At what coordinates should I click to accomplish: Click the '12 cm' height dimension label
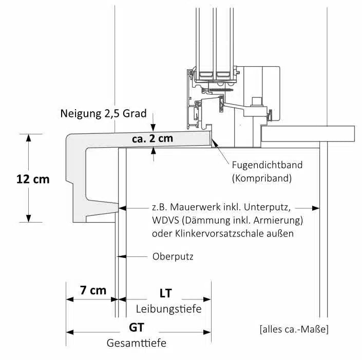(33, 179)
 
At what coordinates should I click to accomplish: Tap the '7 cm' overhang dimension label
(93, 290)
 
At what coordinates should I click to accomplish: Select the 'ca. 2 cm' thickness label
(152, 138)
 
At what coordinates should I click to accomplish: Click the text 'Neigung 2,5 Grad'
(103, 113)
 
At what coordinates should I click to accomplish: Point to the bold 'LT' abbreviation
(165, 293)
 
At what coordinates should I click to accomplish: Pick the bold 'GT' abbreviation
(136, 327)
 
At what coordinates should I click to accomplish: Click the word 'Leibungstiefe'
(168, 309)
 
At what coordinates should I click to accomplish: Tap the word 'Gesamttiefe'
(136, 343)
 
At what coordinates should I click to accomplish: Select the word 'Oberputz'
(173, 256)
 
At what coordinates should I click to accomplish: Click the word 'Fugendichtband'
(267, 165)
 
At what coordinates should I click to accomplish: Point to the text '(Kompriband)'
(261, 178)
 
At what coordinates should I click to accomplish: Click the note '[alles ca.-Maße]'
(294, 329)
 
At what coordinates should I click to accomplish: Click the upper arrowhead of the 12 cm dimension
(29, 137)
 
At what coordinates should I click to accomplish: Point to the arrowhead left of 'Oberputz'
(123, 256)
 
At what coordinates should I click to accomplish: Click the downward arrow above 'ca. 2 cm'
(153, 128)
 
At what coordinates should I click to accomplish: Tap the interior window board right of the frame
(308, 134)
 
